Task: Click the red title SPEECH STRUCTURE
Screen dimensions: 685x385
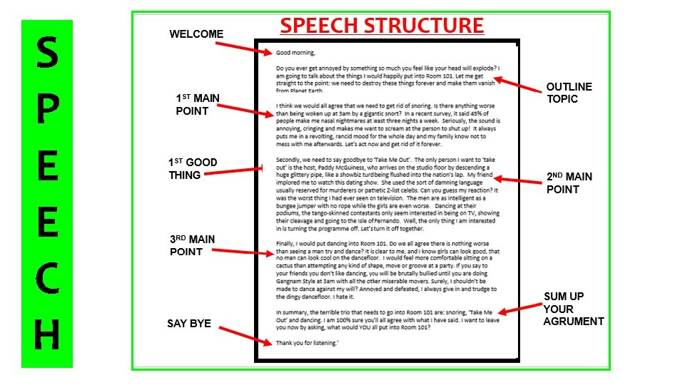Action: pos(382,26)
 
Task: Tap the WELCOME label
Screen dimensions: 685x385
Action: pos(196,34)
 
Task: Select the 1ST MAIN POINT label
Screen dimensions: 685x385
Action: pos(198,104)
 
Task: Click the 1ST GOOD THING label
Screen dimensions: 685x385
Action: pos(193,168)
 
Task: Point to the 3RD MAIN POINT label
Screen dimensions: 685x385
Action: pos(192,245)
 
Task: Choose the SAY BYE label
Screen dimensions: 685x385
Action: pos(189,324)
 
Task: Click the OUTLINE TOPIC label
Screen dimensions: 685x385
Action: pos(569,93)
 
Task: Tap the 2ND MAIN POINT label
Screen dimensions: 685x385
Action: pos(569,183)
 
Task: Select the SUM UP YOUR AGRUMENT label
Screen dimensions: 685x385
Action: pos(573,309)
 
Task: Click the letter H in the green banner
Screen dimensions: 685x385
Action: pos(46,336)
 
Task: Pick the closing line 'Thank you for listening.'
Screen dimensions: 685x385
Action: pos(308,343)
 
